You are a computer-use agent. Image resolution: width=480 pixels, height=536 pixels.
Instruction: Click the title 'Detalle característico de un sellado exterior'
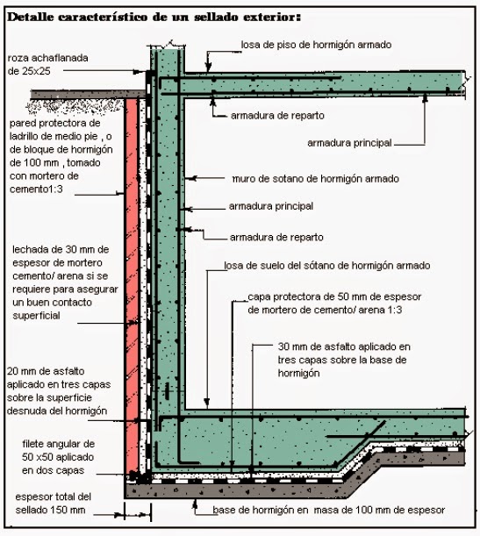coord(154,17)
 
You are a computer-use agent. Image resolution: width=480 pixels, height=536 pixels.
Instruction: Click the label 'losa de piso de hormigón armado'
coord(316,45)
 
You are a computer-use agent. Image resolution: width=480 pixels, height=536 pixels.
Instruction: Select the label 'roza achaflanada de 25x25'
coord(48,64)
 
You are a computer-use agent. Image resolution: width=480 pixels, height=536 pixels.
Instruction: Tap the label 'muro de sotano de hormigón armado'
coord(316,179)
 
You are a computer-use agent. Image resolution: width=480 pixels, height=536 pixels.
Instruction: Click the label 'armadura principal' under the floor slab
coord(349,143)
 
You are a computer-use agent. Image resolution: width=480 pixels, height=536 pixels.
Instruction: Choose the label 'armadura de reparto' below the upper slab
coord(277,116)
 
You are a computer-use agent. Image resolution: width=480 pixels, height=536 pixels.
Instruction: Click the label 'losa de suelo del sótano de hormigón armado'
coord(327,266)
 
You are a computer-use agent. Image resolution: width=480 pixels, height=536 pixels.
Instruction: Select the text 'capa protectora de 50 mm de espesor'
coord(334,297)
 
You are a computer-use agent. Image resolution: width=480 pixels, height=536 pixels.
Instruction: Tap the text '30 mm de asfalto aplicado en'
coord(344,347)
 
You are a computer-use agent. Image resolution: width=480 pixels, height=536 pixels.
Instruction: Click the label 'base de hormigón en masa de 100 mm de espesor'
coord(328,510)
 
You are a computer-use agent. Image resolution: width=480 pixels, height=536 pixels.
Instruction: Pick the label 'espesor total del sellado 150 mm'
coord(53,504)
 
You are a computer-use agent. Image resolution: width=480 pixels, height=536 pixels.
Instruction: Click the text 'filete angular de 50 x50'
coord(58,451)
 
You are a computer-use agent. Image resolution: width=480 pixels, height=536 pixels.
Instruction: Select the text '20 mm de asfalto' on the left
coord(46,371)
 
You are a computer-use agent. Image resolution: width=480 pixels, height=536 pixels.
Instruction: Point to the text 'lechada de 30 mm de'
coord(61,249)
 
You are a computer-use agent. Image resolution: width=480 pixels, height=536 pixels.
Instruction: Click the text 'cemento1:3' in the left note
coord(36,189)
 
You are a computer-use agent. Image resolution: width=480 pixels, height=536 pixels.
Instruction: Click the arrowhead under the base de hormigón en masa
coord(195,502)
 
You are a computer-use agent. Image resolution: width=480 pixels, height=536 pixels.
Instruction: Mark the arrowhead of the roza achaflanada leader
coord(138,72)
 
